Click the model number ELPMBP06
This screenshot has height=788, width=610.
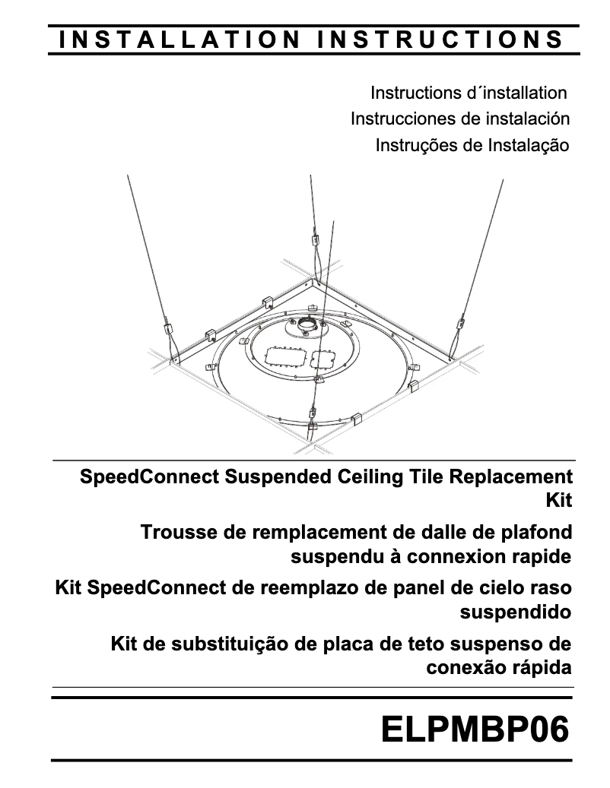475,729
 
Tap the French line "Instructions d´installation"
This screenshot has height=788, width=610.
469,93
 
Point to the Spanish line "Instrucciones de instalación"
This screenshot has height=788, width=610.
459,119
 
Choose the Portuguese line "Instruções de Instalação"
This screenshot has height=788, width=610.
472,144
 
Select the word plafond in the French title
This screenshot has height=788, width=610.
537,532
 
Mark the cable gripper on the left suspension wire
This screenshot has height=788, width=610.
167,331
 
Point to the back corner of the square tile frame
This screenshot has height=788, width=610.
313,282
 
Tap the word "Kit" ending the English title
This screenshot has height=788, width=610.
558,500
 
